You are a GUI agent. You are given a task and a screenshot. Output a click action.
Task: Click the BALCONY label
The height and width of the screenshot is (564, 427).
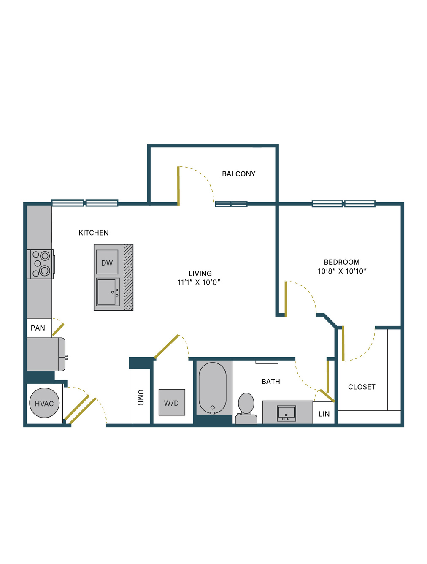tap(238, 174)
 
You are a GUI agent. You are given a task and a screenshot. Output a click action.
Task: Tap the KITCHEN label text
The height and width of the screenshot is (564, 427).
tap(94, 233)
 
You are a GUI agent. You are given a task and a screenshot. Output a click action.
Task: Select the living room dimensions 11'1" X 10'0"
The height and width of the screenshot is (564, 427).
tap(199, 282)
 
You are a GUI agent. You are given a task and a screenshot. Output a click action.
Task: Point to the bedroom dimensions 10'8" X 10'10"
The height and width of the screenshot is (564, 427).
tap(342, 271)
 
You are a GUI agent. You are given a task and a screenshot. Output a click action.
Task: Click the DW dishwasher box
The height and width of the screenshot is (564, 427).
tap(107, 262)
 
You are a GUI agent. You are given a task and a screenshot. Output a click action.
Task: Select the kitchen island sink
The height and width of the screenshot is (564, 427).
tap(108, 292)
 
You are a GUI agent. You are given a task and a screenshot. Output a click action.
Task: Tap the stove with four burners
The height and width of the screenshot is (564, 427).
tap(41, 264)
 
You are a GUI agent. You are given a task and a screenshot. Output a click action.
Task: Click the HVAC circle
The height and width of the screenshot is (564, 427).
tap(44, 403)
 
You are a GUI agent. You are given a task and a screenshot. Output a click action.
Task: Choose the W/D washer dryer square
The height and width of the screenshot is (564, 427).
tap(172, 402)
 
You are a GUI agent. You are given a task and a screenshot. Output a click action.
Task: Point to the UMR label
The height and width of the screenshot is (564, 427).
tap(141, 398)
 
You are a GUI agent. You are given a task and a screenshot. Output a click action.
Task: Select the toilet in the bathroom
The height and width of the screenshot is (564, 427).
tap(246, 408)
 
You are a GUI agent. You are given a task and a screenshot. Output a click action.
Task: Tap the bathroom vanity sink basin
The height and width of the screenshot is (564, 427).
tap(286, 413)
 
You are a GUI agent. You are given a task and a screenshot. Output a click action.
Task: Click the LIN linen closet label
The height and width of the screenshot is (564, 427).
tap(324, 414)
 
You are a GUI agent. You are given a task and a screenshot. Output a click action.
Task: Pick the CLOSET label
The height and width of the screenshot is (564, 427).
tap(362, 387)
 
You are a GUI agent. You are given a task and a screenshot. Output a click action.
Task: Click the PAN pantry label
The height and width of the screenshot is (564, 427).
tap(38, 328)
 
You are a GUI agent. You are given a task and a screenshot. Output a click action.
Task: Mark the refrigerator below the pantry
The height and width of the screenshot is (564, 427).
tap(46, 354)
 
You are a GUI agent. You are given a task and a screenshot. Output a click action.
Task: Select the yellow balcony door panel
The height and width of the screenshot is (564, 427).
tap(178, 186)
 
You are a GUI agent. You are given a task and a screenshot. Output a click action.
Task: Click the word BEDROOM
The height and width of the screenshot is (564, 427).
tap(342, 262)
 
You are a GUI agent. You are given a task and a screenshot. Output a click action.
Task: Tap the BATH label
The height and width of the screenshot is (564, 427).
tap(270, 382)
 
